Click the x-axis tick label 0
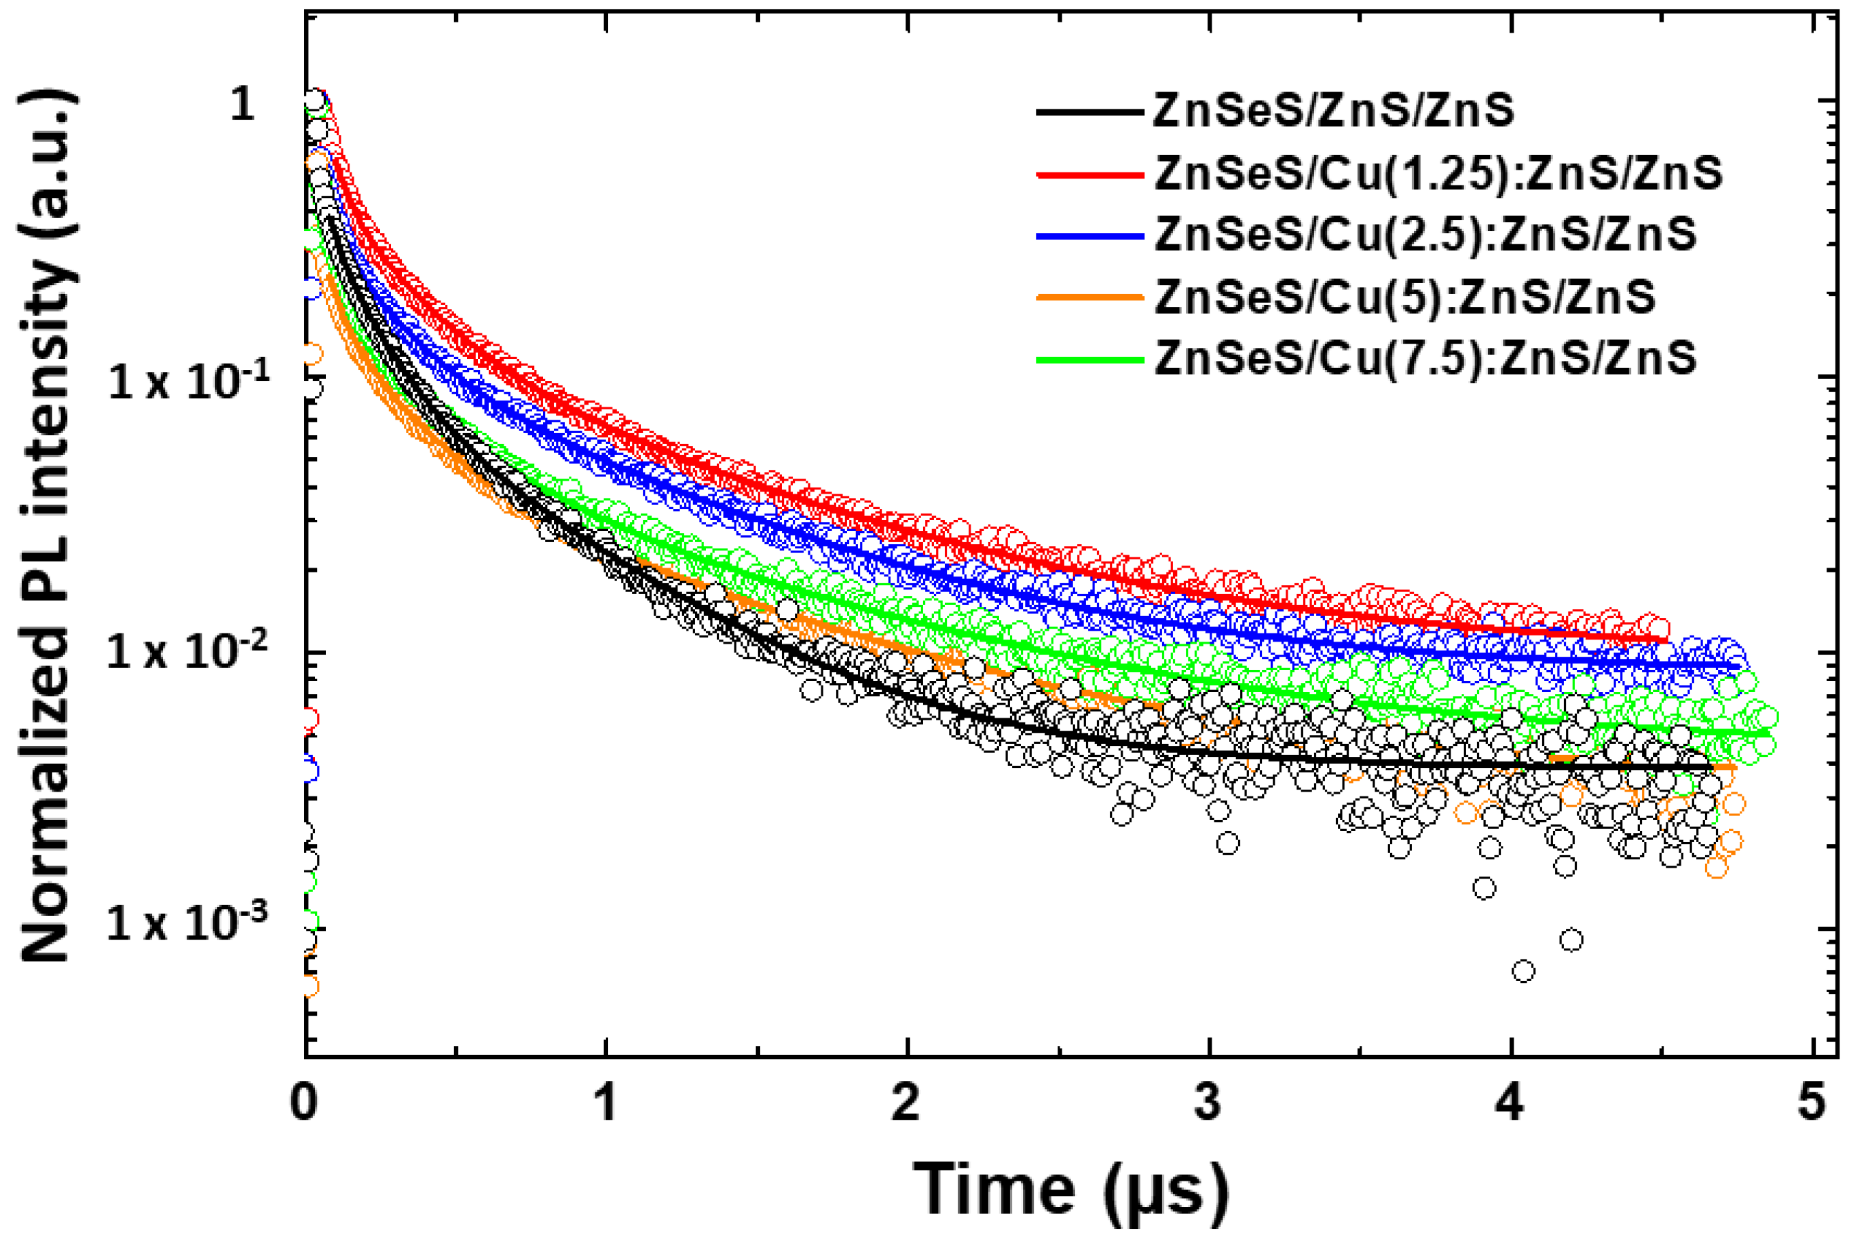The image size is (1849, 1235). (x=304, y=1103)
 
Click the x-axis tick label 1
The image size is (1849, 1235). (x=605, y=1103)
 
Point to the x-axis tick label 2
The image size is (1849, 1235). (x=906, y=1103)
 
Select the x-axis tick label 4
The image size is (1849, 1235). (x=1510, y=1103)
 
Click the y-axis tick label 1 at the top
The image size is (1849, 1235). (x=242, y=104)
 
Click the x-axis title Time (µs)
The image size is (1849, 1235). (x=1071, y=1190)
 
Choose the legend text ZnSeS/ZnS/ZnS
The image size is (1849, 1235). (x=1332, y=110)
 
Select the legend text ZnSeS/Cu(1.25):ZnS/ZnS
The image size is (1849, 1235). (x=1438, y=172)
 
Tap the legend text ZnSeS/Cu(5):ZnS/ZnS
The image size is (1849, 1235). (x=1405, y=296)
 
